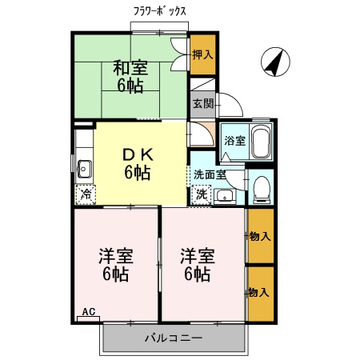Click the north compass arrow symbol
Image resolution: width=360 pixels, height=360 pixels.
tap(274, 63)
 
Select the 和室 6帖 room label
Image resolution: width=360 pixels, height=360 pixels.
tap(129, 77)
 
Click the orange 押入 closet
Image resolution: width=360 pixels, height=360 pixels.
tap(202, 55)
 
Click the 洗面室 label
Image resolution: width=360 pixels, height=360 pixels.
tap(209, 174)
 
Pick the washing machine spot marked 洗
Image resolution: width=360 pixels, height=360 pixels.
tap(202, 193)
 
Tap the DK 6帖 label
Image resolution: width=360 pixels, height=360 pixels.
tap(136, 162)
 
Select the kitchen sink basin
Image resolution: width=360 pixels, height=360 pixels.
tap(85, 168)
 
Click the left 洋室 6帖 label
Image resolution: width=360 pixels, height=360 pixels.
tap(116, 264)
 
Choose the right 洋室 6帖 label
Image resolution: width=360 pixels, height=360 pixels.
tap(196, 264)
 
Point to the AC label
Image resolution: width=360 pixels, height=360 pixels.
tap(89, 312)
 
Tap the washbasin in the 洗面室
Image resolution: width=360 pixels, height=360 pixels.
tap(225, 194)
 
